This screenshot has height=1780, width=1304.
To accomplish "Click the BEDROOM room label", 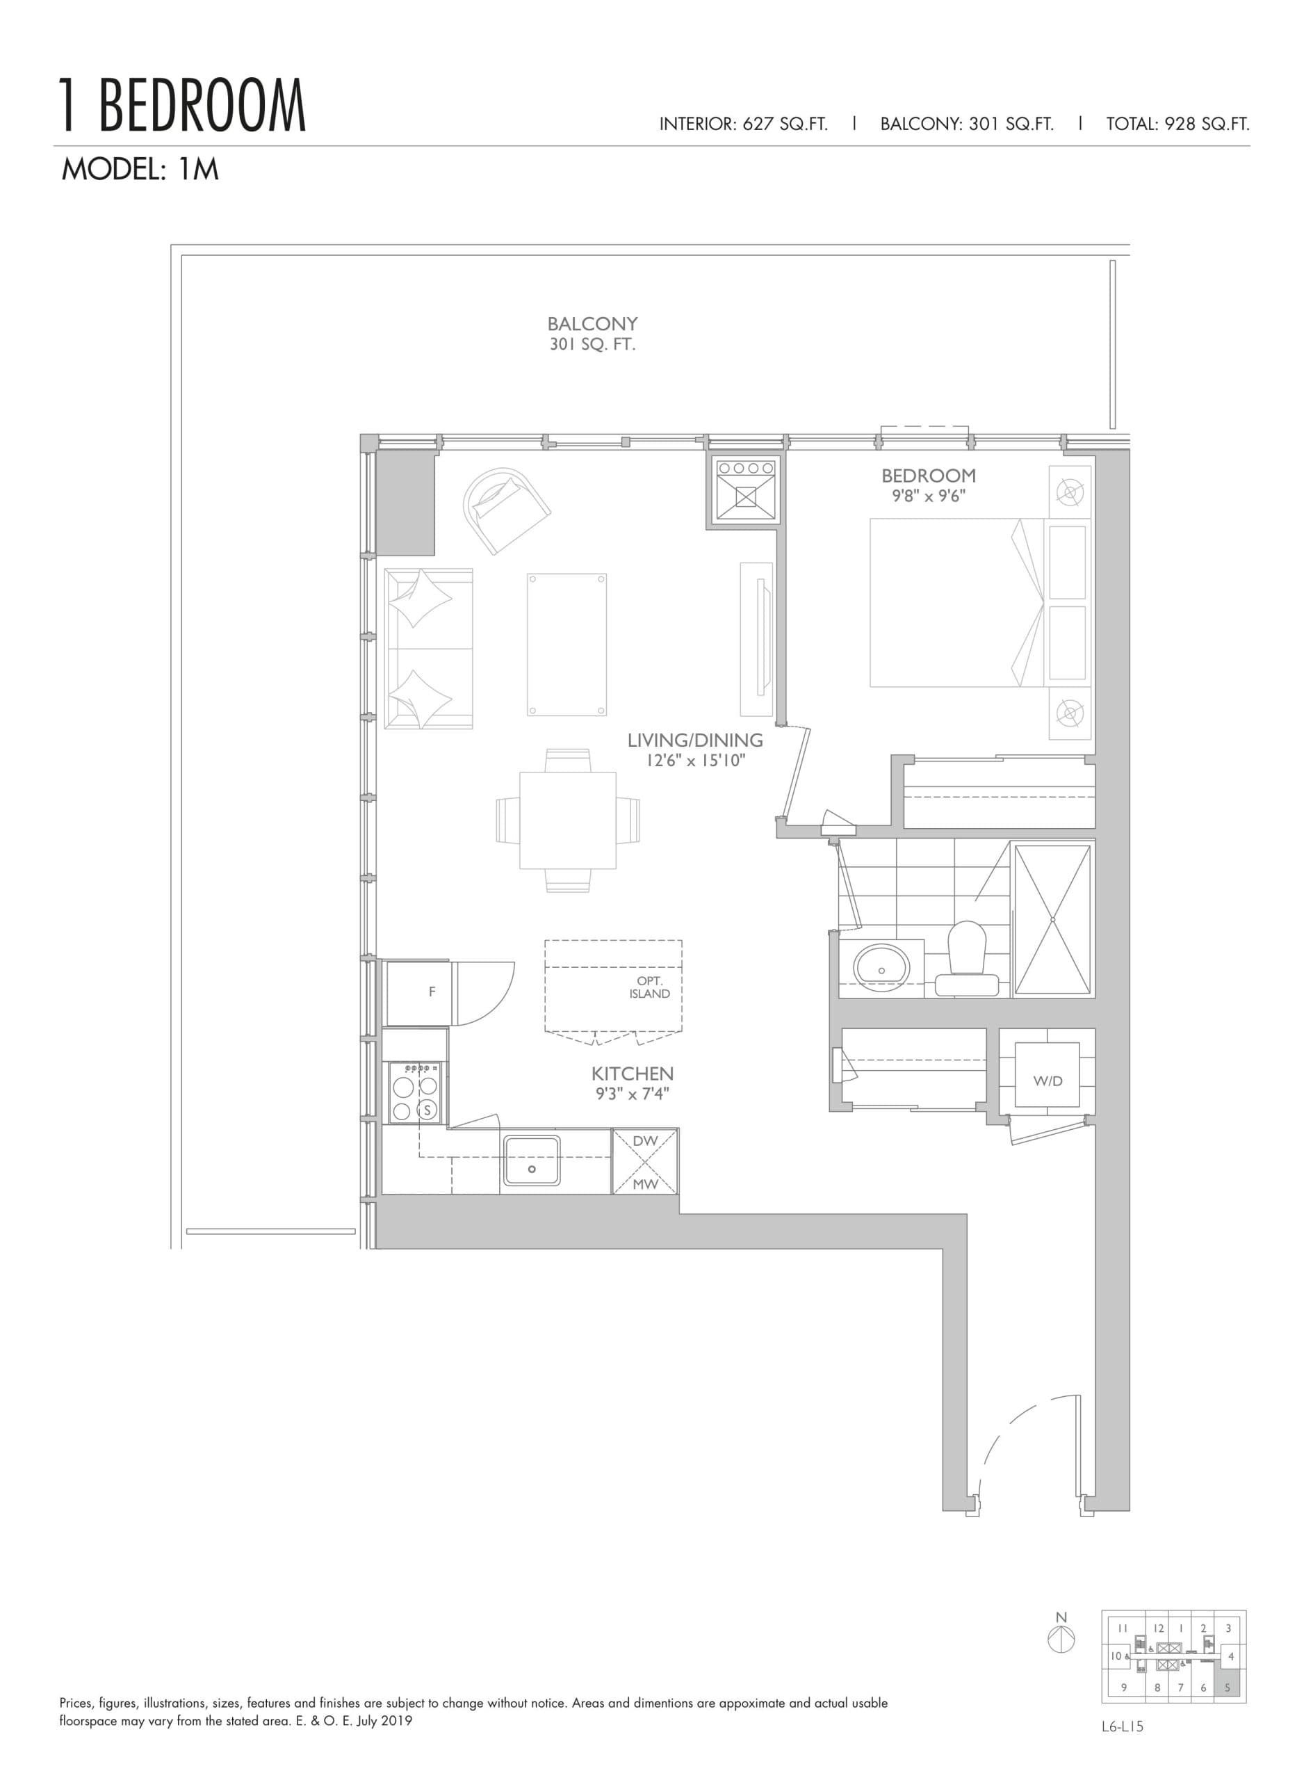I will click(928, 476).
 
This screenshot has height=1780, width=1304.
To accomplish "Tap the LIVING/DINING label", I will click(694, 741).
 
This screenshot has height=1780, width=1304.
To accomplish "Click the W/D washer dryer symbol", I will click(1048, 1081).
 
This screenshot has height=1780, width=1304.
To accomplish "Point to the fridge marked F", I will click(431, 992).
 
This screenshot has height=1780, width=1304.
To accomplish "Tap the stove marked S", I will click(427, 1109).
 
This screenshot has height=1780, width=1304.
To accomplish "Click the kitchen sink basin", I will click(531, 1160).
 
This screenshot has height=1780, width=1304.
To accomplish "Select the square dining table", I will click(567, 820).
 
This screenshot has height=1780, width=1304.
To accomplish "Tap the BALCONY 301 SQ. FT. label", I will click(592, 333).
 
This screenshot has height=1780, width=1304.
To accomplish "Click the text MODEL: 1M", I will click(140, 170).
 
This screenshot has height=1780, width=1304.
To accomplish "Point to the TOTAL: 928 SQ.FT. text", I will click(1177, 124).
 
